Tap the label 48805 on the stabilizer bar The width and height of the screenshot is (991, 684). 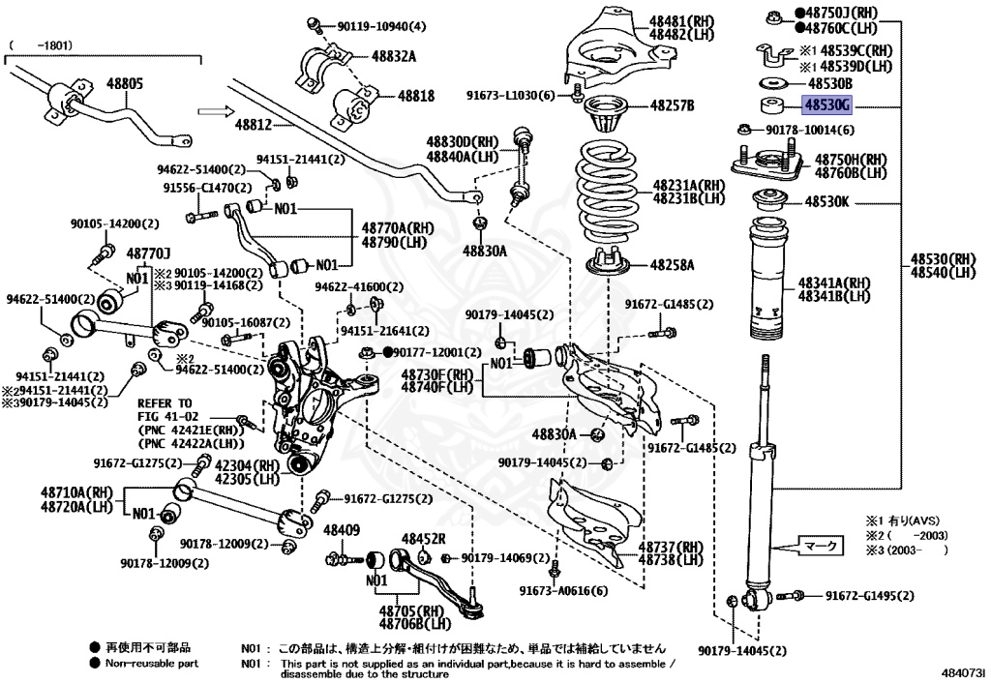(124, 85)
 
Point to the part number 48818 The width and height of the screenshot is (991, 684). (416, 96)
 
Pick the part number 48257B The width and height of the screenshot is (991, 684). (672, 104)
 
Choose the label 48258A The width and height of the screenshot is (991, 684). (672, 264)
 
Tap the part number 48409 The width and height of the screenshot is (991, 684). (341, 529)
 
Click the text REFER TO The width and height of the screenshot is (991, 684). (165, 402)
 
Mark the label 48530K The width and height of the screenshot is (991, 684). (826, 202)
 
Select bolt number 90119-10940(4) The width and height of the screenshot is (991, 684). (381, 25)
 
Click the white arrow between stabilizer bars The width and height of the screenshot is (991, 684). (212, 112)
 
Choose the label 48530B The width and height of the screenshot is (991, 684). (829, 84)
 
